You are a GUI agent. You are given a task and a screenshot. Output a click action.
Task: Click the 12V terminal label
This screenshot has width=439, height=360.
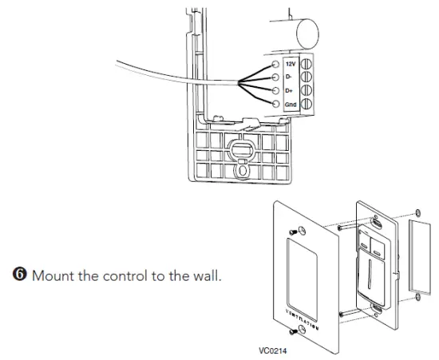(x=291, y=62)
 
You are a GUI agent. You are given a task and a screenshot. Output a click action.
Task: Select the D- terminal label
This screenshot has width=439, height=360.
(x=289, y=77)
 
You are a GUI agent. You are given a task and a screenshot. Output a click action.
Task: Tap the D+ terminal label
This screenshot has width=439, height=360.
(x=289, y=90)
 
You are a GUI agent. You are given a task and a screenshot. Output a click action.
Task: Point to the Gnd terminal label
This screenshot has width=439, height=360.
(x=290, y=105)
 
